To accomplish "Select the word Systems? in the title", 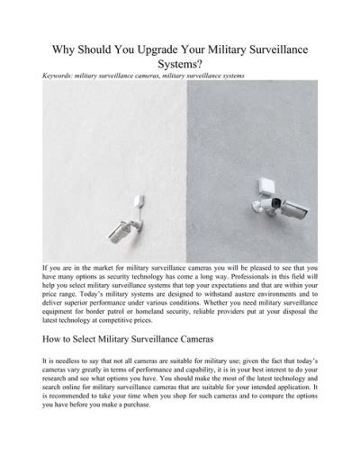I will (179, 65).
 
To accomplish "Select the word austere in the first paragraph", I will (251, 296).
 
